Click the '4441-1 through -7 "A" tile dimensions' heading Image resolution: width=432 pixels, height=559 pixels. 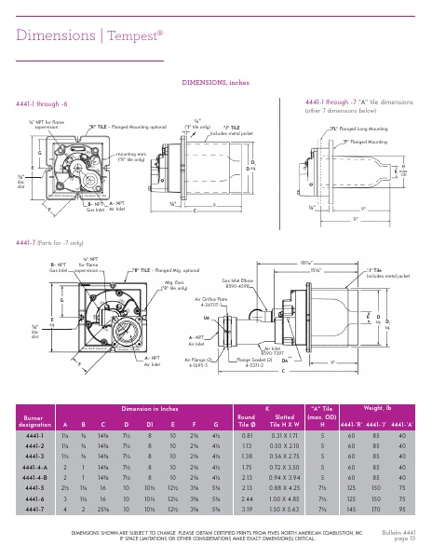coord(358,102)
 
